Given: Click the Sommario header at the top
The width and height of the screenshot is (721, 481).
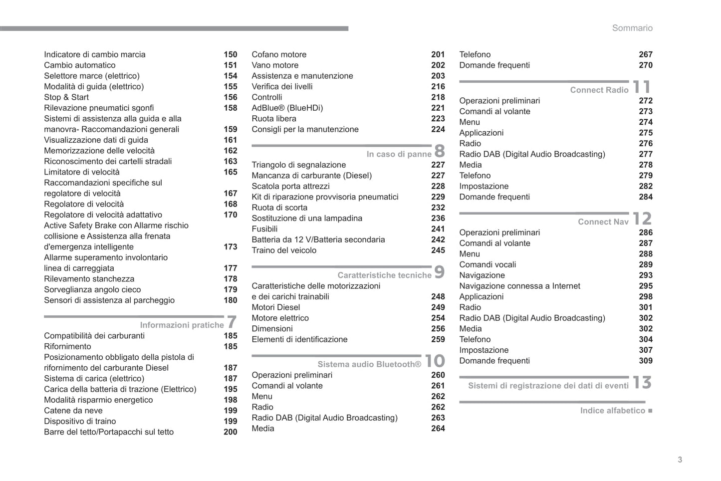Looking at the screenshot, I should tap(632, 28).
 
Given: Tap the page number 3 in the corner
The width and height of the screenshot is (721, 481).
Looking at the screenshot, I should tap(680, 460).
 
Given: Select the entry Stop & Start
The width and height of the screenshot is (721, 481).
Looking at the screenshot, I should tap(66, 97).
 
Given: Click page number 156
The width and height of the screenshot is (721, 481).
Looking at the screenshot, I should tap(230, 97).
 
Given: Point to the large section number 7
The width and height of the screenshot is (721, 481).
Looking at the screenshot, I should tap(232, 322).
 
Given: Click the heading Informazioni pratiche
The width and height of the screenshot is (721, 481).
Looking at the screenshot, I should tap(182, 325).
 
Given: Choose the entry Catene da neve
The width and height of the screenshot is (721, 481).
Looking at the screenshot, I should tap(73, 411).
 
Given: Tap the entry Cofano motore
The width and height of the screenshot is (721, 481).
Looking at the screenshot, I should tap(279, 54).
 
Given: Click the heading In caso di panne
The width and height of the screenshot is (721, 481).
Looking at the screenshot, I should tap(399, 154).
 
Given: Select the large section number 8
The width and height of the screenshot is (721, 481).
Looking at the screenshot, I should tap(439, 151).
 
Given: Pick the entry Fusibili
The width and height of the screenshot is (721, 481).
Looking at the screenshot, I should tap(264, 229).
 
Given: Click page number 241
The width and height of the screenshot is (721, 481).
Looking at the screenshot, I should tap(438, 229).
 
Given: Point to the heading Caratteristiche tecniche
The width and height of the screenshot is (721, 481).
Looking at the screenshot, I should tap(384, 275).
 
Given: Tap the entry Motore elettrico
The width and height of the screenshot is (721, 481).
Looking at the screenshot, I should tap(280, 318).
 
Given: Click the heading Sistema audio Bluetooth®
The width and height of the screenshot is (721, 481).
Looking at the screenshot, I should tap(369, 364).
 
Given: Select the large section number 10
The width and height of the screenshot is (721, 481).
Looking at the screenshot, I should tap(434, 361).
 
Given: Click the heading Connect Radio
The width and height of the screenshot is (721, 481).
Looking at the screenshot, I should tap(599, 90).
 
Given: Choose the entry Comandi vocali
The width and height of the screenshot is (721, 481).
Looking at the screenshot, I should tap(487, 264).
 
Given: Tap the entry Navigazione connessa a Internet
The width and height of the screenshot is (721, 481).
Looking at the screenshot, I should tap(519, 286).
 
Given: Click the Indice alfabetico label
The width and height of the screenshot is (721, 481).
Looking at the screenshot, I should tap(613, 411).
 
